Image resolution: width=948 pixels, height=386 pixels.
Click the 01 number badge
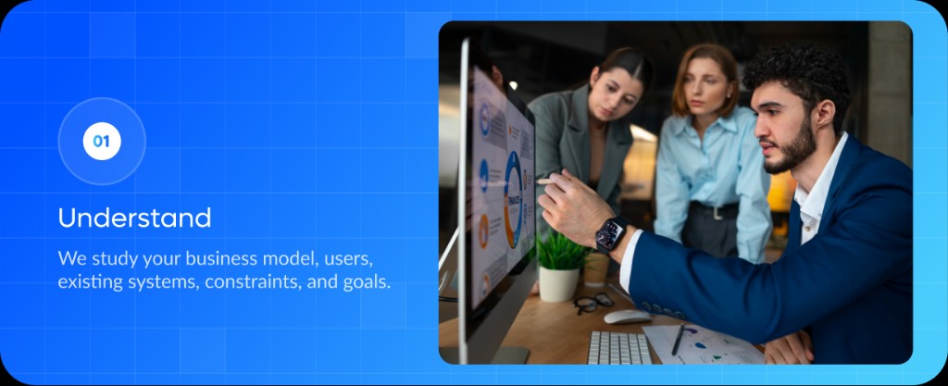[x=102, y=142]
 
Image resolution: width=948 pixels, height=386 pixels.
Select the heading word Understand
[x=135, y=218]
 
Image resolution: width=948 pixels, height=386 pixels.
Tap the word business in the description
[x=222, y=258]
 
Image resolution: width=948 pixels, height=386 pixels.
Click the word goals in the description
[x=368, y=282]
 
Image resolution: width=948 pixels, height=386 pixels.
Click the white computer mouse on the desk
[x=627, y=317]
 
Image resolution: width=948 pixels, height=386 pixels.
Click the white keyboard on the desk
[x=619, y=347]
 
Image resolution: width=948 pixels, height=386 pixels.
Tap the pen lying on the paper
[x=679, y=339]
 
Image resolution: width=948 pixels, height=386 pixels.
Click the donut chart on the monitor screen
[x=513, y=200]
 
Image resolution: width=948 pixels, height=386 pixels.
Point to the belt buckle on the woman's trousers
[x=717, y=212]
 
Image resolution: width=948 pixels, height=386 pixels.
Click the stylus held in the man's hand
[x=547, y=181]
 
